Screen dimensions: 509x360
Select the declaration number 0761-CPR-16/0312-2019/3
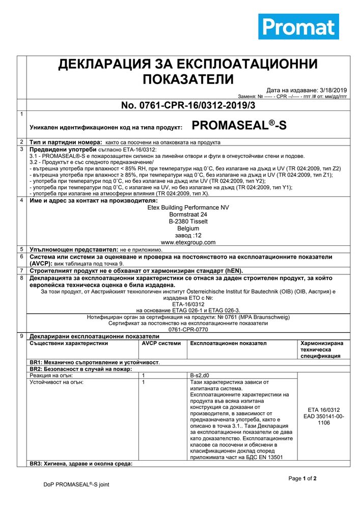click(188, 105)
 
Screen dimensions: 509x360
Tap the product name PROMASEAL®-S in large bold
click(239, 126)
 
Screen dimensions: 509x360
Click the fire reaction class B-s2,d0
click(199, 375)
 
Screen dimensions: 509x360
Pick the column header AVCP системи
click(161, 343)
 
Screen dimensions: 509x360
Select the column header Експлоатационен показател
click(228, 343)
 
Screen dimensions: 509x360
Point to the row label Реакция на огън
click(50, 375)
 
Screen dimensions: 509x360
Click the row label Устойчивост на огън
click(56, 382)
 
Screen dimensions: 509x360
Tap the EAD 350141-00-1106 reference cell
click(323, 419)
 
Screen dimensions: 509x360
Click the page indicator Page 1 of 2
click(302, 478)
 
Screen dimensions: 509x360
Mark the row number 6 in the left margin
click(21, 257)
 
